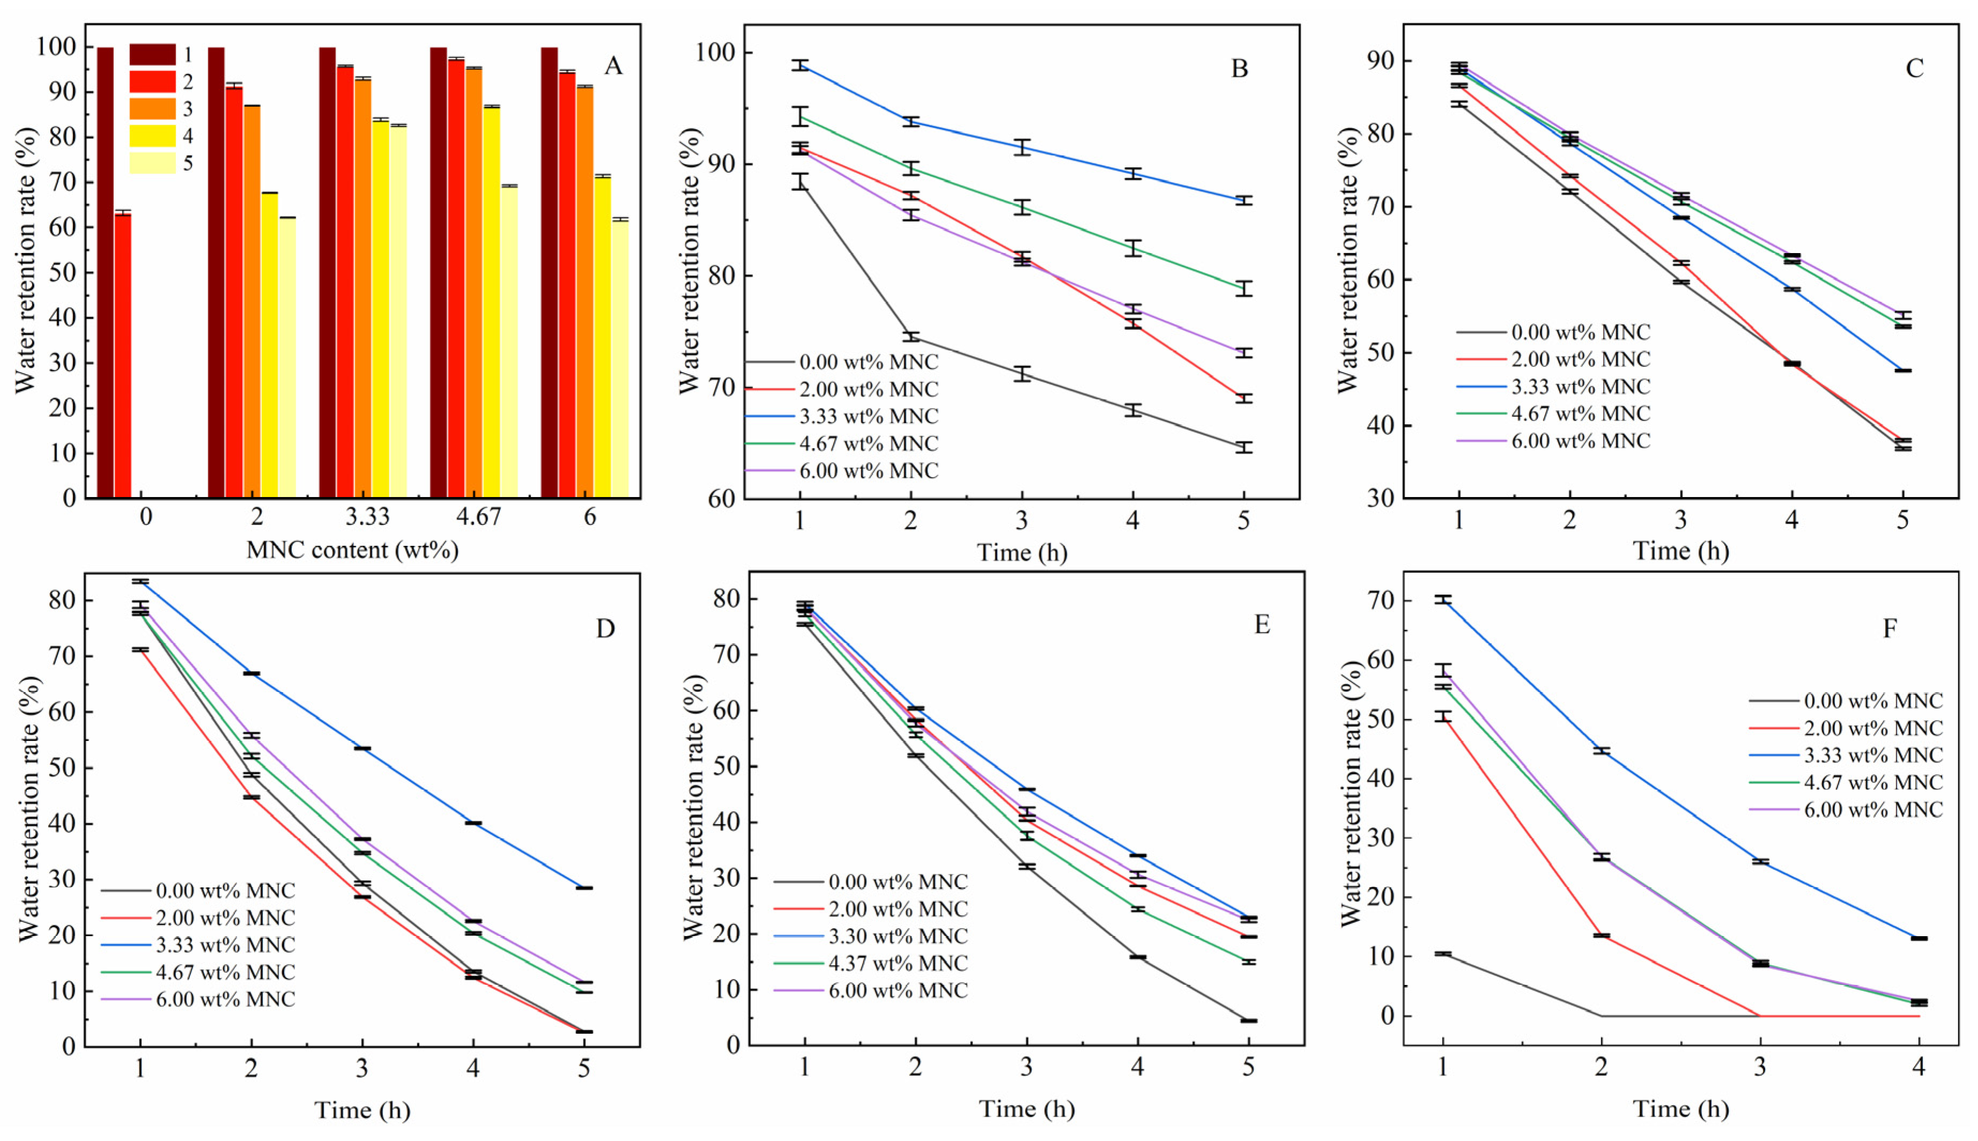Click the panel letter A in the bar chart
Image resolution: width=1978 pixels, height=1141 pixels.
pos(613,66)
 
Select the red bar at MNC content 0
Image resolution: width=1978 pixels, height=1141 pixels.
pos(123,353)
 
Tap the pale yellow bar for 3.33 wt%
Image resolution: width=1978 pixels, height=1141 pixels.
pos(398,314)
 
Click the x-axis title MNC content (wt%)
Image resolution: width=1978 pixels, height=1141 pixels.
pos(352,550)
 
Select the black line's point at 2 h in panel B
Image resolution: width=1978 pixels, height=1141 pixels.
pos(911,337)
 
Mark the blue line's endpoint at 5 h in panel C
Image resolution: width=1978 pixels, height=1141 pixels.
pos(1903,371)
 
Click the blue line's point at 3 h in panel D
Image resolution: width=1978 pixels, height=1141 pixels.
pos(362,749)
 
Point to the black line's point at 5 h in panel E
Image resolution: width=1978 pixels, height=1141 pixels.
pos(1249,1020)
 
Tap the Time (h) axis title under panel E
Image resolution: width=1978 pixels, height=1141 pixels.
pos(1027,1109)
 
